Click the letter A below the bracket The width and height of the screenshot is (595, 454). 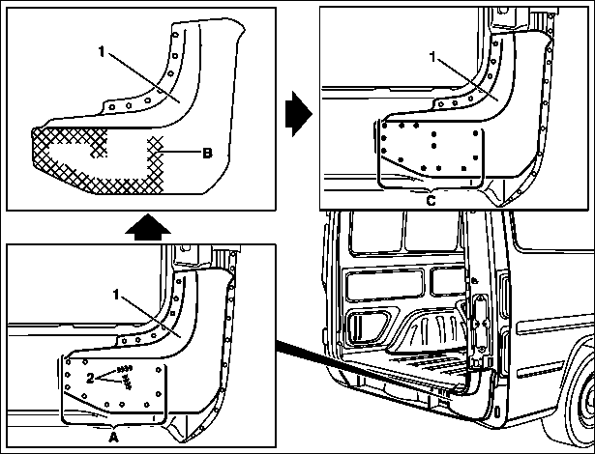coord(113,438)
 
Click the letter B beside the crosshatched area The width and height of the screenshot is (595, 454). coord(207,153)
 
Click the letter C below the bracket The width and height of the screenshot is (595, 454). coord(431,200)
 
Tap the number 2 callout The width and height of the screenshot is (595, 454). coord(90,378)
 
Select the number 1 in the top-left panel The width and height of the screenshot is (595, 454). coord(102,51)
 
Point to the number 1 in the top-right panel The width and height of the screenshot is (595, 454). coord(432,56)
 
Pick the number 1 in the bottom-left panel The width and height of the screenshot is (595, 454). coord(116,294)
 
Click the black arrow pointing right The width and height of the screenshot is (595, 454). coord(299,113)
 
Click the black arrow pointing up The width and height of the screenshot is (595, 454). coord(148,227)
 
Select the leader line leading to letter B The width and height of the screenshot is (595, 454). coord(180,153)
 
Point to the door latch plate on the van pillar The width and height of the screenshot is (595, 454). coord(479,324)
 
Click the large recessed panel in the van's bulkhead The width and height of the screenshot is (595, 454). coord(384,285)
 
